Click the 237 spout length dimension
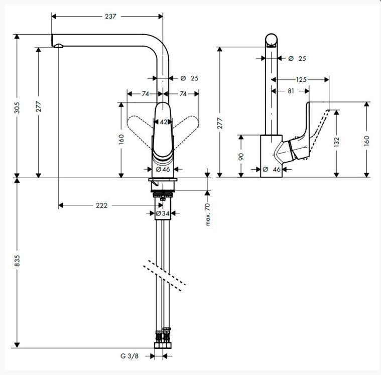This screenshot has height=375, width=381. pyautogui.click(x=110, y=16)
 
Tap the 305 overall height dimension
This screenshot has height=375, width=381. pyautogui.click(x=17, y=107)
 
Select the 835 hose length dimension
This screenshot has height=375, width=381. pyautogui.click(x=17, y=260)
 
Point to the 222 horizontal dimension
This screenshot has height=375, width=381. pyautogui.click(x=101, y=205)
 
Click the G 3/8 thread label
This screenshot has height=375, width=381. pyautogui.click(x=130, y=356)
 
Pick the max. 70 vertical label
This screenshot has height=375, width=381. pyautogui.click(x=208, y=214)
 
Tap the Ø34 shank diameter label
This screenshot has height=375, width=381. pyautogui.click(x=163, y=213)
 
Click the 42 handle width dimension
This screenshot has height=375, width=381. pyautogui.click(x=163, y=122)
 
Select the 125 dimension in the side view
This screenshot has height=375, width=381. pyautogui.click(x=301, y=79)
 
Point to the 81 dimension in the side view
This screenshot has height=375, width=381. pyautogui.click(x=291, y=91)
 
